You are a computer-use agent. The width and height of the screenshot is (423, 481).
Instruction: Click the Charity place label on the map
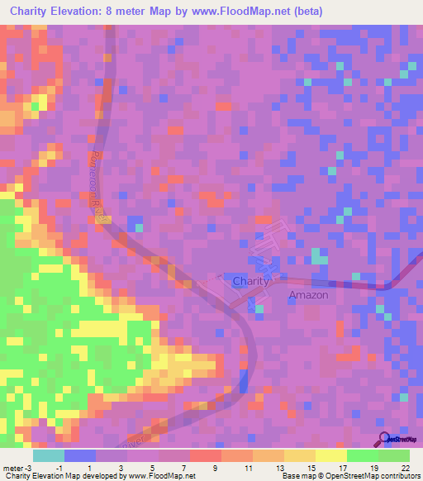click(250, 281)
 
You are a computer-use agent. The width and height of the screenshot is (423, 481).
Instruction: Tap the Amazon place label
click(308, 295)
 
